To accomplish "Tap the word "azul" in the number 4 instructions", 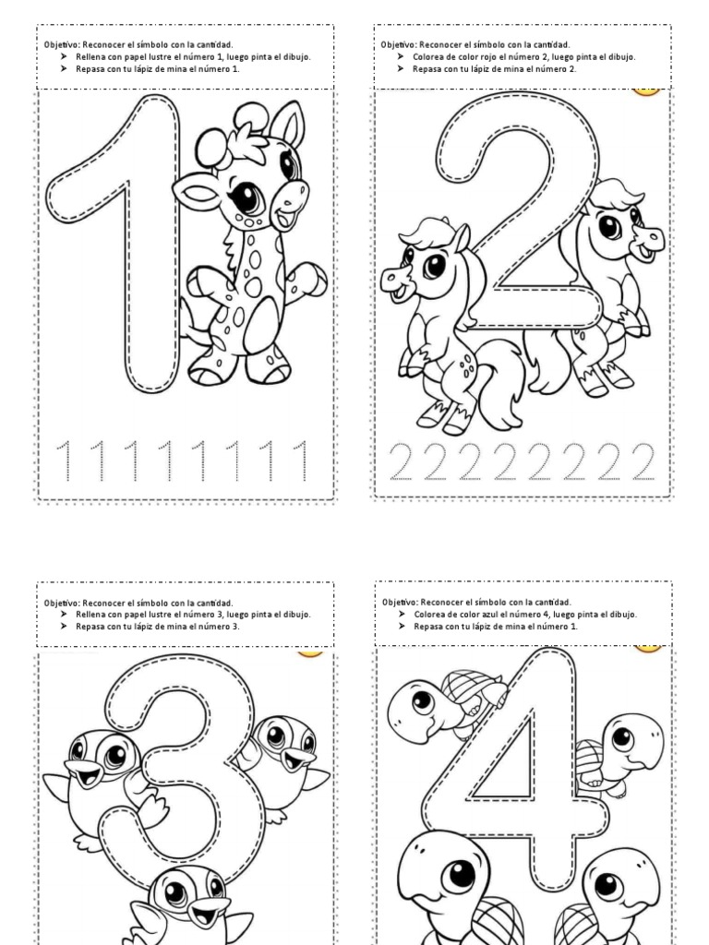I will click(x=492, y=614).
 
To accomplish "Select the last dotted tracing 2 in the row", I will click(x=639, y=461).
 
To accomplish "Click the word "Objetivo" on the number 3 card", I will click(x=62, y=603).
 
